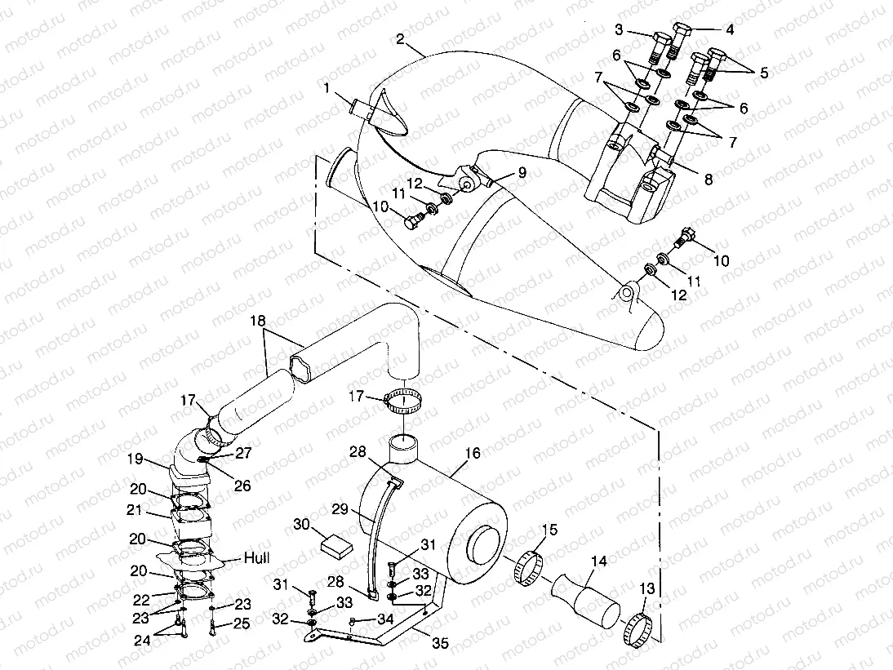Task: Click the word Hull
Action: click(256, 559)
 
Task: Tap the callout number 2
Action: click(400, 38)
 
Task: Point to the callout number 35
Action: click(440, 643)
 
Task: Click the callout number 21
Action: click(136, 510)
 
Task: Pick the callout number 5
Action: click(763, 73)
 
